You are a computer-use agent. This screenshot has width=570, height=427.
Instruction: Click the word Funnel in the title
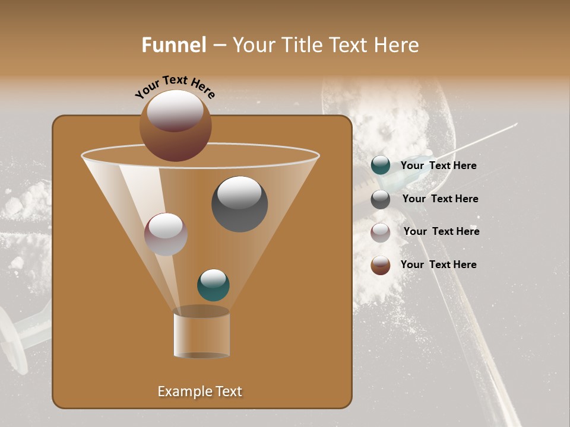174,45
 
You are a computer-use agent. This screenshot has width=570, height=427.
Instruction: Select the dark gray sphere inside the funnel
239,204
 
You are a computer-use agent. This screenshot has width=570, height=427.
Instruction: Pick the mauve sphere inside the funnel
166,234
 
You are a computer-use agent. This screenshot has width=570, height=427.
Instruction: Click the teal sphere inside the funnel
213,285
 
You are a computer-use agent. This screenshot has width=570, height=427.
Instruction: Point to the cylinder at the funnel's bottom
201,335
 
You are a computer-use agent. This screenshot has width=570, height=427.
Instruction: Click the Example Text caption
200,391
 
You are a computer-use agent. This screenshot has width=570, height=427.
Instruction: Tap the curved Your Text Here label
175,87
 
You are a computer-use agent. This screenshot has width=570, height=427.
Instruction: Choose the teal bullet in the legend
381,165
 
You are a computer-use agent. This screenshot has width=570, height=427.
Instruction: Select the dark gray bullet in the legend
381,199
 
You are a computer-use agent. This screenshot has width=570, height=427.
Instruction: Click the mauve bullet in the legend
381,232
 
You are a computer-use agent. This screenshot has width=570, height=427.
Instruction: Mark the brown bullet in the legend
381,265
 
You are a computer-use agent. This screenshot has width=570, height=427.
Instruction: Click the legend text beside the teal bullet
438,165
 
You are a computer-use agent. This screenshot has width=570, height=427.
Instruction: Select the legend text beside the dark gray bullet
440,199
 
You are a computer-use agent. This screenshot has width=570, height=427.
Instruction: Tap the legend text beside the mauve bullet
441,231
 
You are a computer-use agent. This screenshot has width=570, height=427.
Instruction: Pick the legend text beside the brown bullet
438,265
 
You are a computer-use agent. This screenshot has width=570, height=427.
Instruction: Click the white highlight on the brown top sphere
175,110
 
